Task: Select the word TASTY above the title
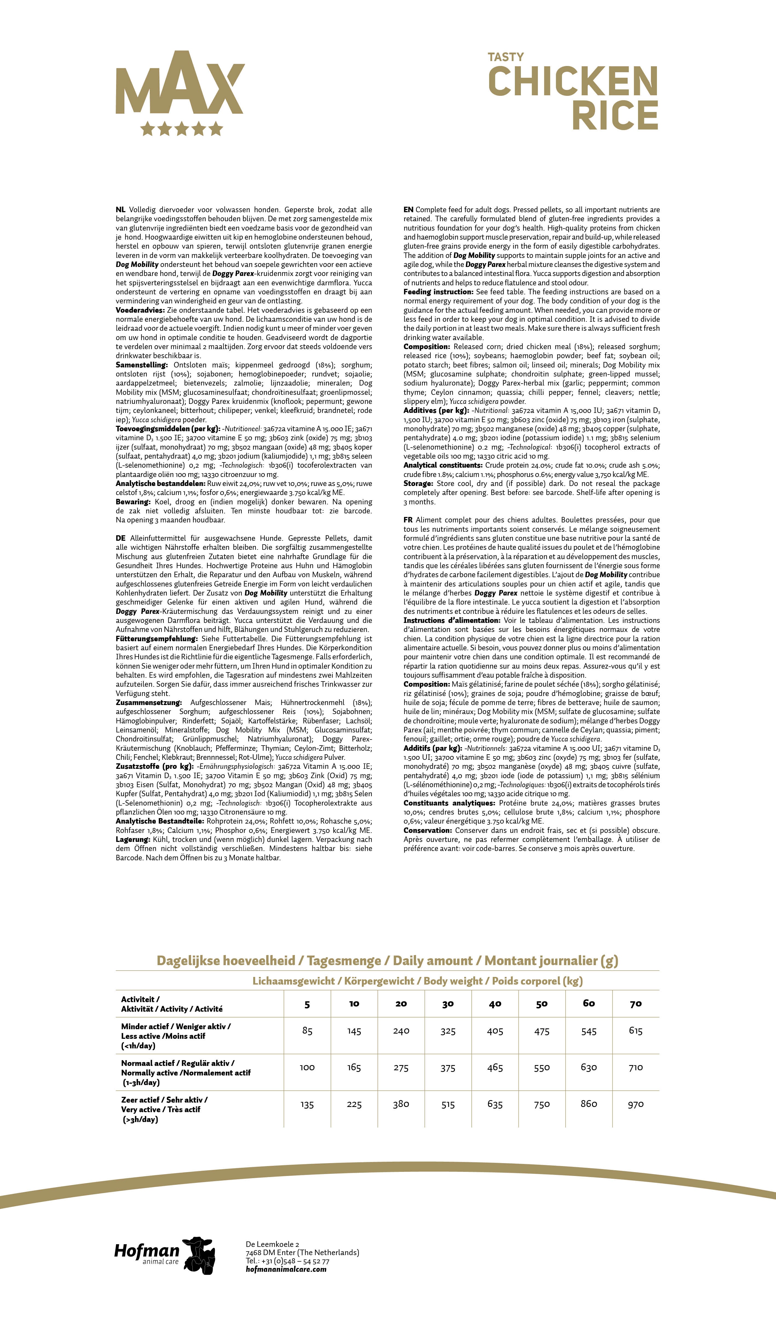point(506,57)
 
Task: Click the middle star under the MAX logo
point(181,128)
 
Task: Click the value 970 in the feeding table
point(636,1104)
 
